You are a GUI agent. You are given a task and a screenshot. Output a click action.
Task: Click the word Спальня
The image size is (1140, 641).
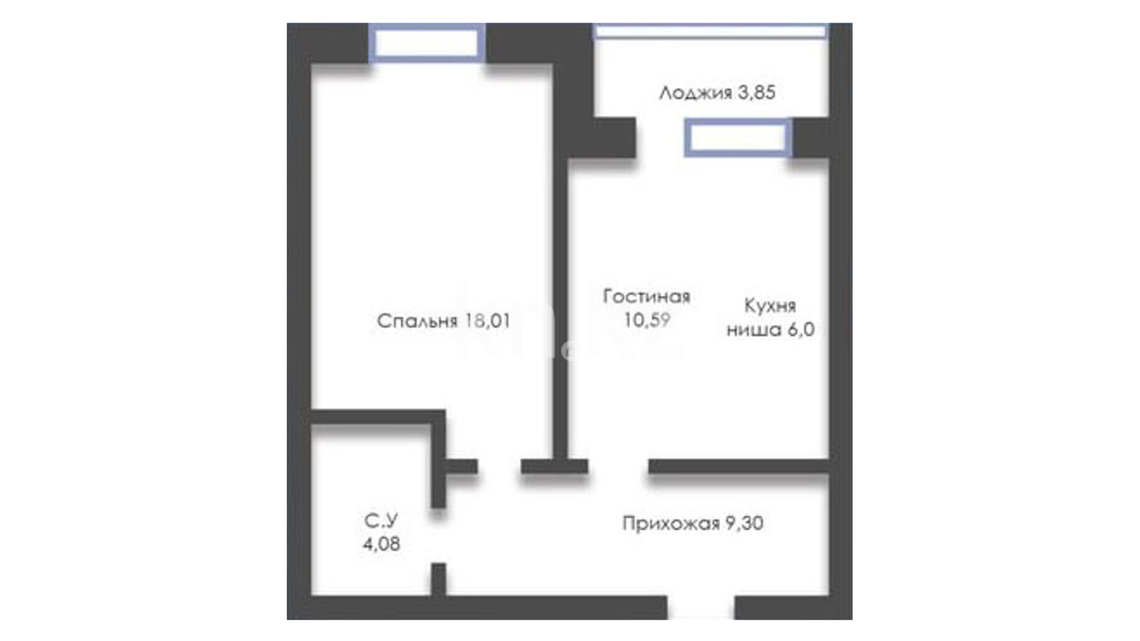417,321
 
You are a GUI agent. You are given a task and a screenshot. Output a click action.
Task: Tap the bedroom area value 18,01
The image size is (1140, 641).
487,321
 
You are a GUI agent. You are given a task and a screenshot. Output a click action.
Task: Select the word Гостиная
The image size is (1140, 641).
647,296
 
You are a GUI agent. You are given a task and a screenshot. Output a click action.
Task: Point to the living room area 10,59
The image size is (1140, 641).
647,320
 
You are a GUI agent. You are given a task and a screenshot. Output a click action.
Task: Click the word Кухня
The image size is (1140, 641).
770,306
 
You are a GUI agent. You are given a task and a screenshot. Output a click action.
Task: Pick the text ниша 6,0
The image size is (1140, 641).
770,329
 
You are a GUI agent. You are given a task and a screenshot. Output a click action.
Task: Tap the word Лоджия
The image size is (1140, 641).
695,93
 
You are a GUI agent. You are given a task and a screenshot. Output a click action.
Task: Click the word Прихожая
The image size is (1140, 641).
671,523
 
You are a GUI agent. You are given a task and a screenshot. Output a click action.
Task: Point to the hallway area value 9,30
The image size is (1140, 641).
745,523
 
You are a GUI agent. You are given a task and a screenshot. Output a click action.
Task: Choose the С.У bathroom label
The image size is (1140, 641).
381,521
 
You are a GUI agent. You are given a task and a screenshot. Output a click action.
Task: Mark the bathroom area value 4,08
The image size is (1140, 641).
381,544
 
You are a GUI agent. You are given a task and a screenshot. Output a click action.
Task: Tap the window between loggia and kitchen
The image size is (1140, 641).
738,138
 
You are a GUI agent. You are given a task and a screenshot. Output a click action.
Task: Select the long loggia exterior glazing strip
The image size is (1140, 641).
711,31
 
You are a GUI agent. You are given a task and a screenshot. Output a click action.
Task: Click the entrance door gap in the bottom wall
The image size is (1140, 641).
701,608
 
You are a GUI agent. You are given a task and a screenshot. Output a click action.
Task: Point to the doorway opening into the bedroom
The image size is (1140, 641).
499,466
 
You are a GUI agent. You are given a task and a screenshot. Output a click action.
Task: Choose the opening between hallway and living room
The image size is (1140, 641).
618,466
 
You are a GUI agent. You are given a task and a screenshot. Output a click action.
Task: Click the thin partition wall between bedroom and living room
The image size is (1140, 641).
560,309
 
